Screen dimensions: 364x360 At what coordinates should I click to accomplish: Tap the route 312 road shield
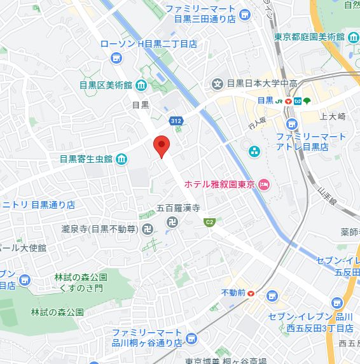point(176,120)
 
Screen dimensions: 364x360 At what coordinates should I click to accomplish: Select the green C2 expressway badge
point(208,221)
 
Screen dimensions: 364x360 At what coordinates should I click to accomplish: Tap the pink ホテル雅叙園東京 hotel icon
point(264,185)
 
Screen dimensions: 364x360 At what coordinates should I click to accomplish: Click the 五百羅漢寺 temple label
point(179,208)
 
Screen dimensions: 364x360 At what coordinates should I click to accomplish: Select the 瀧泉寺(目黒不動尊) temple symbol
point(148,228)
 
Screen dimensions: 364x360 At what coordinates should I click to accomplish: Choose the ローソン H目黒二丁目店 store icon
point(115,59)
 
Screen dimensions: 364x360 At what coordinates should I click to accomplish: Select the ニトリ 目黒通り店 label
point(38,205)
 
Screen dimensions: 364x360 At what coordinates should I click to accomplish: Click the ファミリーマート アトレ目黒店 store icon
point(291,123)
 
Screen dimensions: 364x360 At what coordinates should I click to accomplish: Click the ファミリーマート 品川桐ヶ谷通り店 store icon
point(190,337)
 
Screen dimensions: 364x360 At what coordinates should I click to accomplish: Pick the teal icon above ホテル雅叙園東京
point(254,151)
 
